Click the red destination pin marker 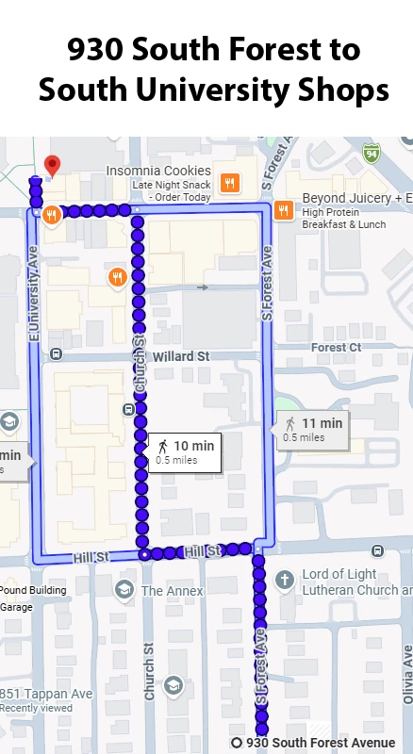click(x=53, y=166)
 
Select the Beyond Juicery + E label click(x=356, y=199)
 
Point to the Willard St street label click(x=179, y=356)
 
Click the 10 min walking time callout click(x=185, y=451)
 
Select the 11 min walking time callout click(x=312, y=428)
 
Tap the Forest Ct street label click(x=336, y=347)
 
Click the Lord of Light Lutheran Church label click(x=351, y=582)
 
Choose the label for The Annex click(x=172, y=591)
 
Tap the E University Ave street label click(x=33, y=291)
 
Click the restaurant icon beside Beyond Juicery click(x=283, y=210)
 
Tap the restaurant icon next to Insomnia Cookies click(x=228, y=182)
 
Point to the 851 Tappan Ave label click(x=46, y=694)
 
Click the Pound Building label click(x=33, y=591)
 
